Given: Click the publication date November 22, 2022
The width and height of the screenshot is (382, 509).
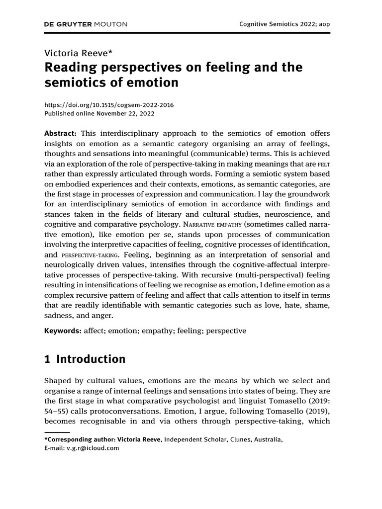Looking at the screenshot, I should [x=126, y=113].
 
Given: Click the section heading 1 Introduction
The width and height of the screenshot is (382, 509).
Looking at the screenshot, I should [x=85, y=359].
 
